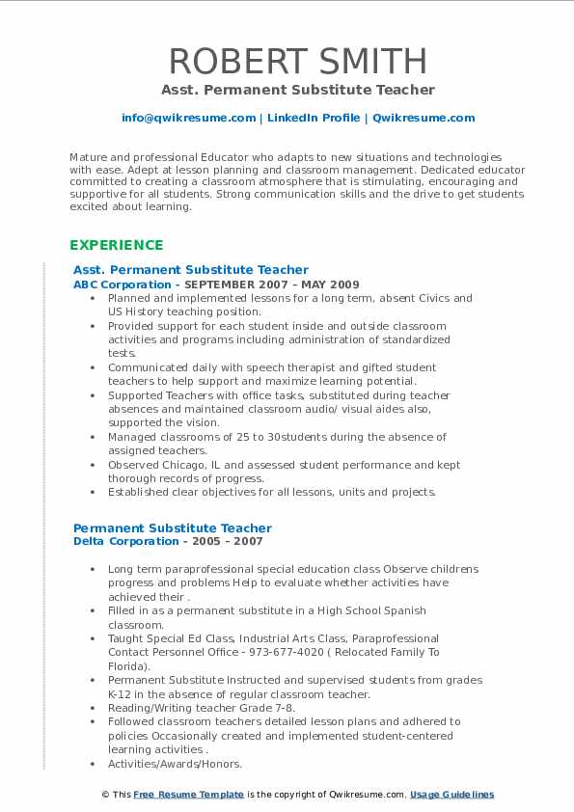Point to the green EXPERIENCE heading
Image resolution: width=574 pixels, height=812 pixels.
click(116, 245)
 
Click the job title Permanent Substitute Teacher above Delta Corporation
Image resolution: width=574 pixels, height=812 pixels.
click(173, 528)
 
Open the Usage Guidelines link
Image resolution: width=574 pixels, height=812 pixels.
click(451, 795)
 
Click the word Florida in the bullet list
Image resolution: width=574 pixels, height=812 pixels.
click(126, 666)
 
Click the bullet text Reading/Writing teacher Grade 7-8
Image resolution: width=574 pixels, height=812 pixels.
click(201, 708)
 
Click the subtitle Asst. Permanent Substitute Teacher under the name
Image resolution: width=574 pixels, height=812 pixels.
click(297, 91)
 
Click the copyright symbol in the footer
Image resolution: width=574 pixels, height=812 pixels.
click(104, 795)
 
